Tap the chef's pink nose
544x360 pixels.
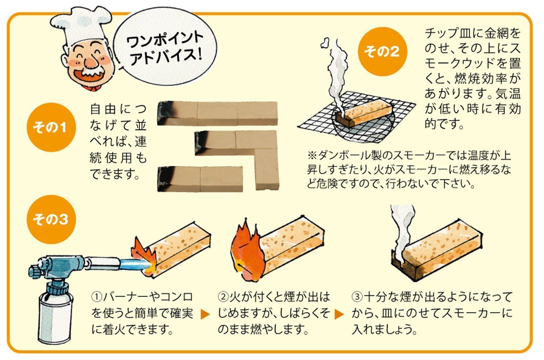91,62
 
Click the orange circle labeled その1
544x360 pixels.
51,127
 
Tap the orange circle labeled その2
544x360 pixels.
382,52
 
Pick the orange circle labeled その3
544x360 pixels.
51,219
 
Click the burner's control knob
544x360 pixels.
34,271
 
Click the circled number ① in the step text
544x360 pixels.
96,297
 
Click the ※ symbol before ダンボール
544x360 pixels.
312,155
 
